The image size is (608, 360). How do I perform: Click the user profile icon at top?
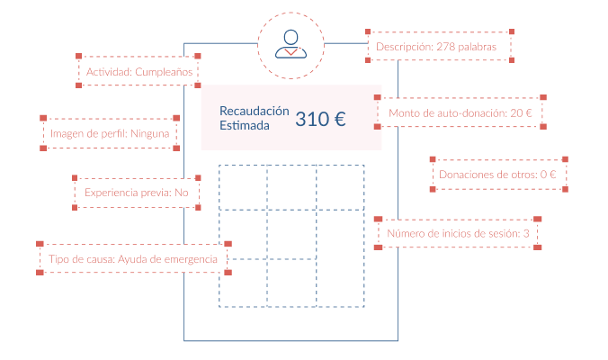pyautogui.click(x=291, y=44)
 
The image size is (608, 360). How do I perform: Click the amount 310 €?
pyautogui.click(x=321, y=118)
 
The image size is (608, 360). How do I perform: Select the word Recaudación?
pyautogui.click(x=255, y=111)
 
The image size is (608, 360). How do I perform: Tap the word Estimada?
pyautogui.click(x=244, y=126)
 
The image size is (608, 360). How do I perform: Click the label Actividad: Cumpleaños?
pyautogui.click(x=139, y=71)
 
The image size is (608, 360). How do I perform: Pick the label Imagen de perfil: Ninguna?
pyautogui.click(x=110, y=133)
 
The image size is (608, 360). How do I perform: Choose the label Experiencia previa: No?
pyautogui.click(x=137, y=193)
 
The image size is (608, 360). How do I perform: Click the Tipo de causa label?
pyautogui.click(x=133, y=259)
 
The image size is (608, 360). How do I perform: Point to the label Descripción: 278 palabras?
pyautogui.click(x=440, y=46)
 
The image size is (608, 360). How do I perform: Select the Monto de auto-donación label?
pyautogui.click(x=460, y=113)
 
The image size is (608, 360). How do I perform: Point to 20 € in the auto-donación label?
pyautogui.click(x=521, y=113)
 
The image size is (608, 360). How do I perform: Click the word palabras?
pyautogui.click(x=487, y=46)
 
